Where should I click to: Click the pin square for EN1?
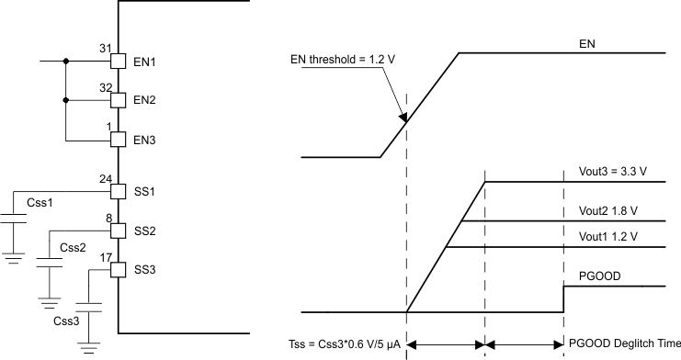[118, 62]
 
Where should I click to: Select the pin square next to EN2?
[118, 99]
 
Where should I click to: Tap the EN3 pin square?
[118, 140]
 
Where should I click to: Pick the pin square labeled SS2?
[118, 231]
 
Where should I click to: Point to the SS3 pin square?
[118, 270]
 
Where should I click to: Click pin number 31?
[104, 48]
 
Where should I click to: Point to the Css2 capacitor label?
[72, 247]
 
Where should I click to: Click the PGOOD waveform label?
[597, 274]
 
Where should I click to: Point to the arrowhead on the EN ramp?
[403, 116]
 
